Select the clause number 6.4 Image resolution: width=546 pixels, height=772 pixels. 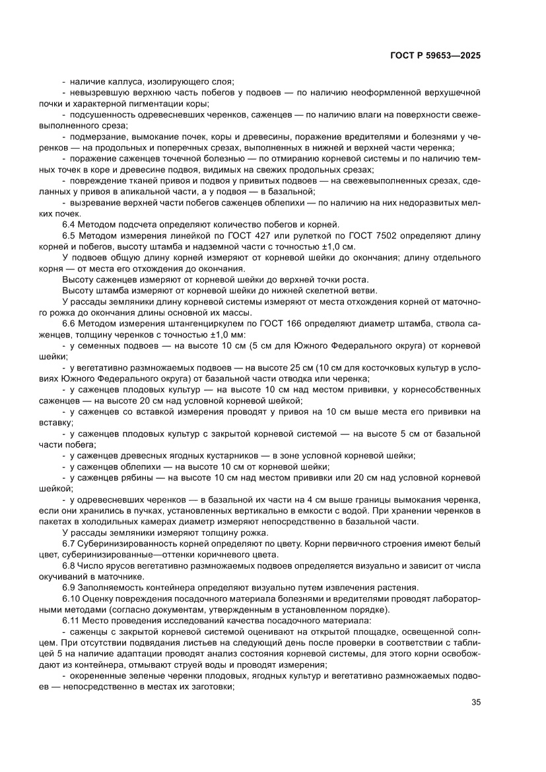tap(69, 225)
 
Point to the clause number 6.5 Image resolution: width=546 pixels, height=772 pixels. tap(69, 236)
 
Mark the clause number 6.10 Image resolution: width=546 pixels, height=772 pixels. tap(71, 598)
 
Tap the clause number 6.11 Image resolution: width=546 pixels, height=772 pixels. tap(71, 620)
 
